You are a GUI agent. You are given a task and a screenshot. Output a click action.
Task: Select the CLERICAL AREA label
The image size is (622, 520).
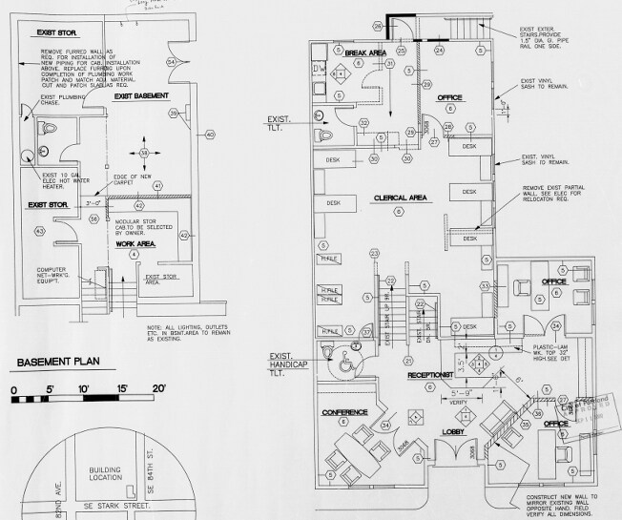(x=399, y=198)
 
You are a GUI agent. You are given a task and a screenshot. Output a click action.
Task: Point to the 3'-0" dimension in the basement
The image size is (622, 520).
(x=93, y=203)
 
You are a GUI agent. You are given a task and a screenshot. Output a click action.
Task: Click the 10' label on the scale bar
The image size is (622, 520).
(x=84, y=387)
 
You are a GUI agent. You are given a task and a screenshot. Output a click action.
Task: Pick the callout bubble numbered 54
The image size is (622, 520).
(x=172, y=62)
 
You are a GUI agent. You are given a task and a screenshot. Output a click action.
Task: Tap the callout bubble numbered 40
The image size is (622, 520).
(x=211, y=134)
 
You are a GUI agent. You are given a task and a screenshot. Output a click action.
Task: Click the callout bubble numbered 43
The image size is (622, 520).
(x=40, y=231)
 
